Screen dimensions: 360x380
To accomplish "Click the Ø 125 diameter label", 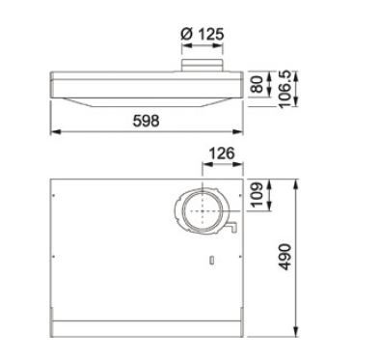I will [x=202, y=35].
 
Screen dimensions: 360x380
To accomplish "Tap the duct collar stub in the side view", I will [x=202, y=65].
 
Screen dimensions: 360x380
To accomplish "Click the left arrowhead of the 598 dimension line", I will [x=54, y=132].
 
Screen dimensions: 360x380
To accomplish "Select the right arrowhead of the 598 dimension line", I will [x=240, y=132].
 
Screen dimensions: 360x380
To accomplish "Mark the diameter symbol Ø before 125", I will [x=186, y=35].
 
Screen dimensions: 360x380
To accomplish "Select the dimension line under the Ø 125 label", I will [x=202, y=47].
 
